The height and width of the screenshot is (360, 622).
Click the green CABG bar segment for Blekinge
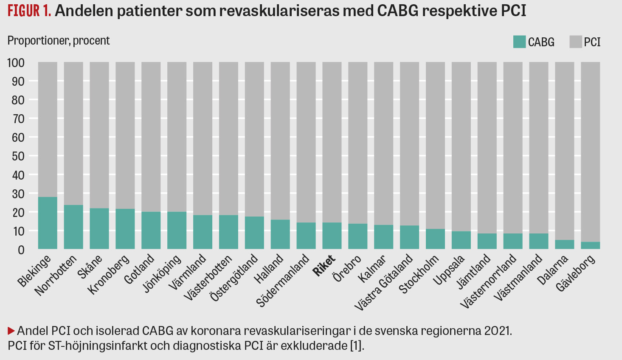click(x=48, y=223)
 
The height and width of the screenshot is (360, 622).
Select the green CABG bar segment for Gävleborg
click(x=590, y=245)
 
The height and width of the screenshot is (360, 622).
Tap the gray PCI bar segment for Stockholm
click(x=435, y=144)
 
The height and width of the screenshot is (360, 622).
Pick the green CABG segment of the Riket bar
click(x=332, y=236)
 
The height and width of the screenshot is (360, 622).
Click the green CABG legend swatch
click(x=519, y=42)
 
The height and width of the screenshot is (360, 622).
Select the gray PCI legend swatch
click(x=575, y=42)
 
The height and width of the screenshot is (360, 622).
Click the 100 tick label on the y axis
click(x=16, y=63)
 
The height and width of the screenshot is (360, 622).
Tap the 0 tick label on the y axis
click(x=21, y=250)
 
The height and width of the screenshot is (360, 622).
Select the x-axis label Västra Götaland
click(x=384, y=282)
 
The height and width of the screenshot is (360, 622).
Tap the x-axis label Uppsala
click(x=449, y=270)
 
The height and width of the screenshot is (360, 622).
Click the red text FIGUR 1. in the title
click(x=29, y=11)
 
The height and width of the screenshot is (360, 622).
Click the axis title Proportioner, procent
click(x=59, y=41)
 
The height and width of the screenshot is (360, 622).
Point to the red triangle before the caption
click(x=11, y=331)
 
